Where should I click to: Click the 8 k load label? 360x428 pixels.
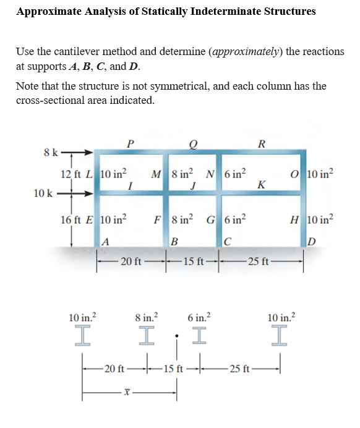click(x=51, y=152)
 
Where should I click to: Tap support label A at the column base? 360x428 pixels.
click(x=106, y=242)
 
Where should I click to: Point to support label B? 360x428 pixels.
click(x=176, y=242)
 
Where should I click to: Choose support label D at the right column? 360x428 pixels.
click(x=310, y=242)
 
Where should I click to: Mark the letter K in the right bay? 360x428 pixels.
click(x=261, y=184)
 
